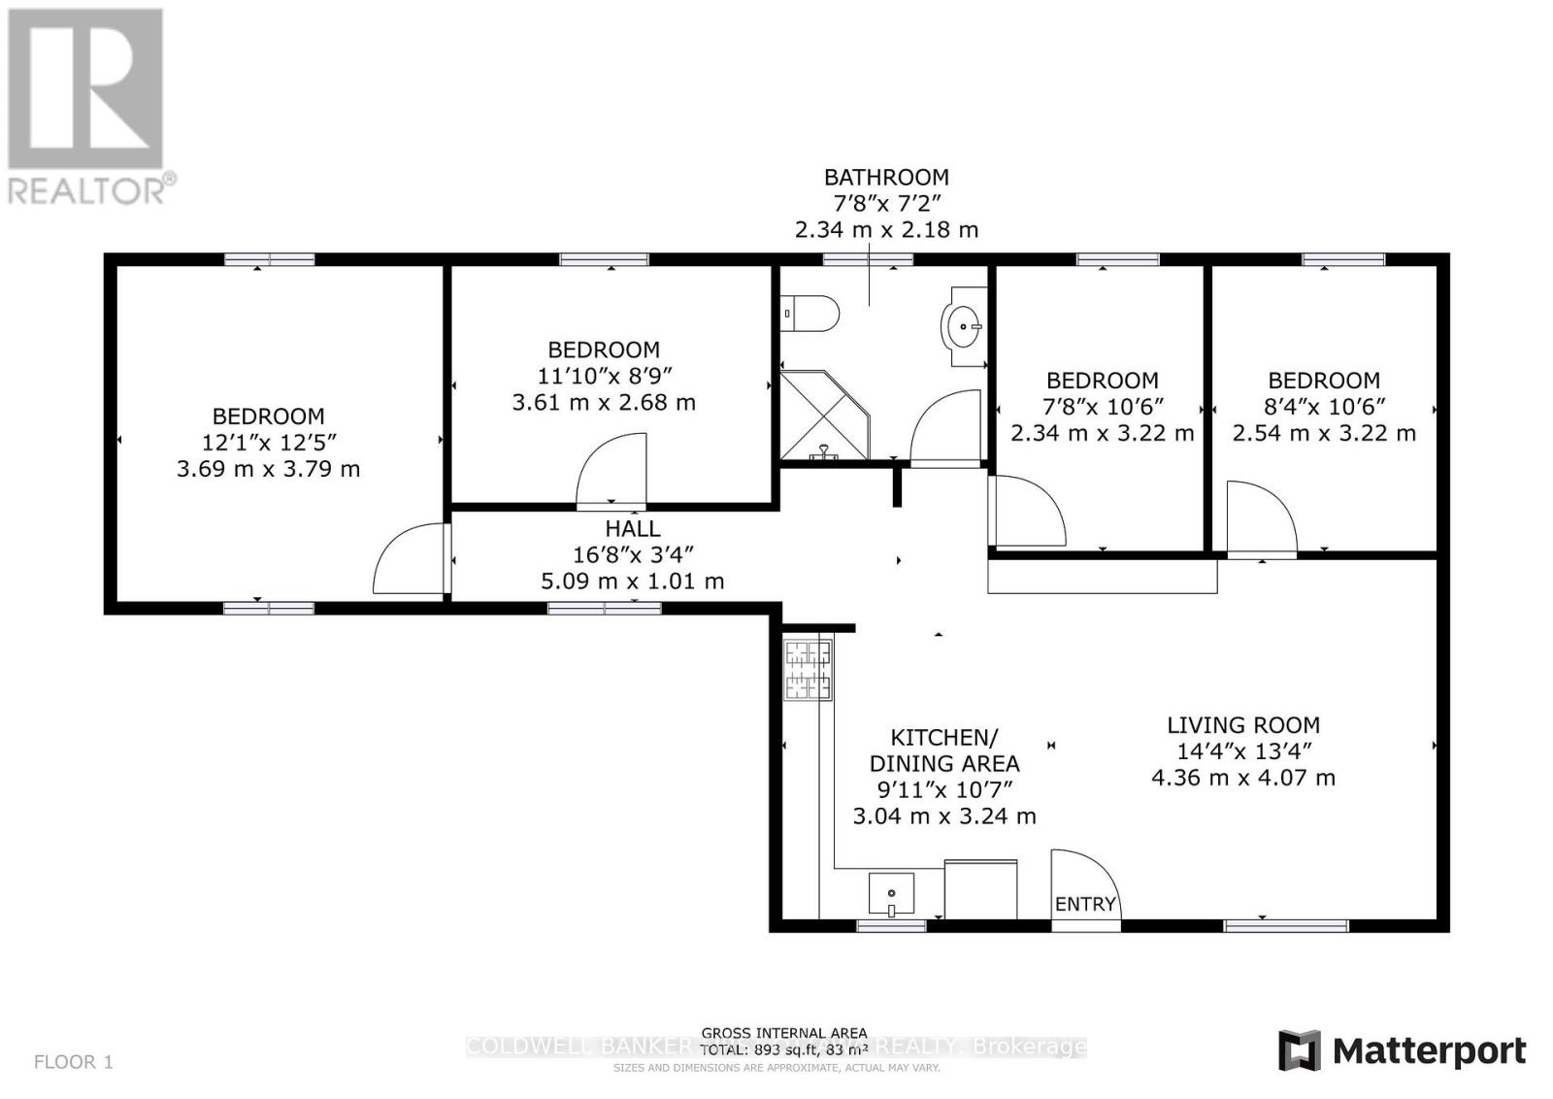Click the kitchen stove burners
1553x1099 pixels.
click(x=808, y=669)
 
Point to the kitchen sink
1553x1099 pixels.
click(x=891, y=894)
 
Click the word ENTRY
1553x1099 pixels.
click(x=1085, y=904)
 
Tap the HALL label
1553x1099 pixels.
click(x=632, y=528)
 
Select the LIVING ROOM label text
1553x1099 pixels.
click(x=1242, y=725)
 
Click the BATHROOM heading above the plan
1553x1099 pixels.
click(x=886, y=178)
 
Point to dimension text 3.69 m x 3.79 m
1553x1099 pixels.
click(x=268, y=469)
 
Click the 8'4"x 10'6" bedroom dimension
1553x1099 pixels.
click(x=1324, y=407)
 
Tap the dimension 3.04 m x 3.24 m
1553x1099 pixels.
click(x=943, y=816)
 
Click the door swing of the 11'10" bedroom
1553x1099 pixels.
click(x=613, y=472)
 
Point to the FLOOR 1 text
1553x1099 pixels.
click(x=74, y=1062)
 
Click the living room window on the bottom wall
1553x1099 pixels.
click(x=1285, y=925)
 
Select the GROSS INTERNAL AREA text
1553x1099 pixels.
click(x=784, y=1033)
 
